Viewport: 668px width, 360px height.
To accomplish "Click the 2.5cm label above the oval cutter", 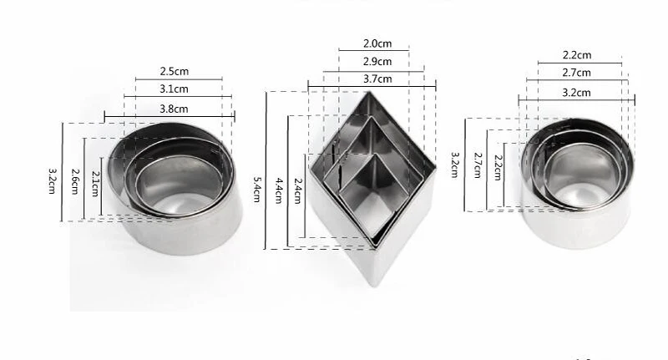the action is [175, 71].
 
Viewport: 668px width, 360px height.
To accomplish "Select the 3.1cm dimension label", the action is [174, 89].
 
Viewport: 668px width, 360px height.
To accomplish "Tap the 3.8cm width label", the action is [174, 109].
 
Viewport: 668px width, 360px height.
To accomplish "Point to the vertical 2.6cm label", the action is [75, 181].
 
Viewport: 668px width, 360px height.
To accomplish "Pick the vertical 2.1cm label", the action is [95, 184].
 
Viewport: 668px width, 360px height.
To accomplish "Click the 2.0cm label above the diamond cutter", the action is [377, 43].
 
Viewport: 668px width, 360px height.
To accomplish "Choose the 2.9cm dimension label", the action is [377, 61].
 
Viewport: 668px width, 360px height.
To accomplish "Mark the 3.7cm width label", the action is [377, 79].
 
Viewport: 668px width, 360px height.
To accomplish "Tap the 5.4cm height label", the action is [257, 190].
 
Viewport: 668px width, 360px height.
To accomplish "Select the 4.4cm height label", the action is [279, 191].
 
